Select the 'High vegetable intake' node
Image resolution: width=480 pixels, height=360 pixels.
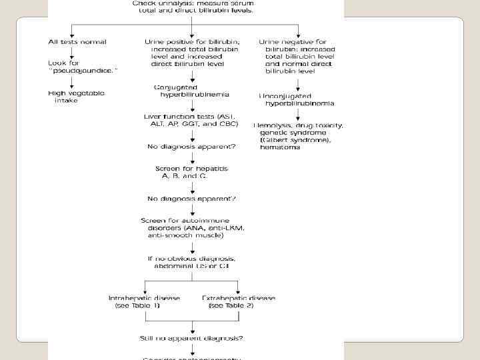point(76,97)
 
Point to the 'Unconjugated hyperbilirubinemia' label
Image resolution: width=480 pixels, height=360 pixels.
point(296,99)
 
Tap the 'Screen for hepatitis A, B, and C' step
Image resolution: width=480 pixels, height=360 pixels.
point(191,173)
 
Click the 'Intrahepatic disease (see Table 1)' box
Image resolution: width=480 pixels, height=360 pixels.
point(143,302)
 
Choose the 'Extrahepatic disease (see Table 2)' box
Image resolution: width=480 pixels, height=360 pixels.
point(239,302)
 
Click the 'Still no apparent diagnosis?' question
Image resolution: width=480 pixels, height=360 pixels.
point(192,338)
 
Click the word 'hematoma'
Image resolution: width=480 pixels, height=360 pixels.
point(280,147)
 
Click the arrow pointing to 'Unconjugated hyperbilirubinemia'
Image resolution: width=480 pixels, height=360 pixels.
point(298,85)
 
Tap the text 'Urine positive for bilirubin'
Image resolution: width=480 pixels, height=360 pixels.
point(191,41)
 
